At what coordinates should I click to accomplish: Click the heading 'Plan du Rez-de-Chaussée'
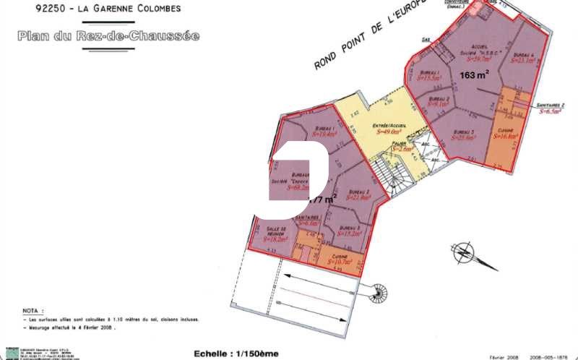(x=109, y=35)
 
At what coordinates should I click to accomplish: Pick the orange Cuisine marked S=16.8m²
(x=504, y=133)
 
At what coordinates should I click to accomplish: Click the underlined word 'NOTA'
(x=32, y=308)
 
